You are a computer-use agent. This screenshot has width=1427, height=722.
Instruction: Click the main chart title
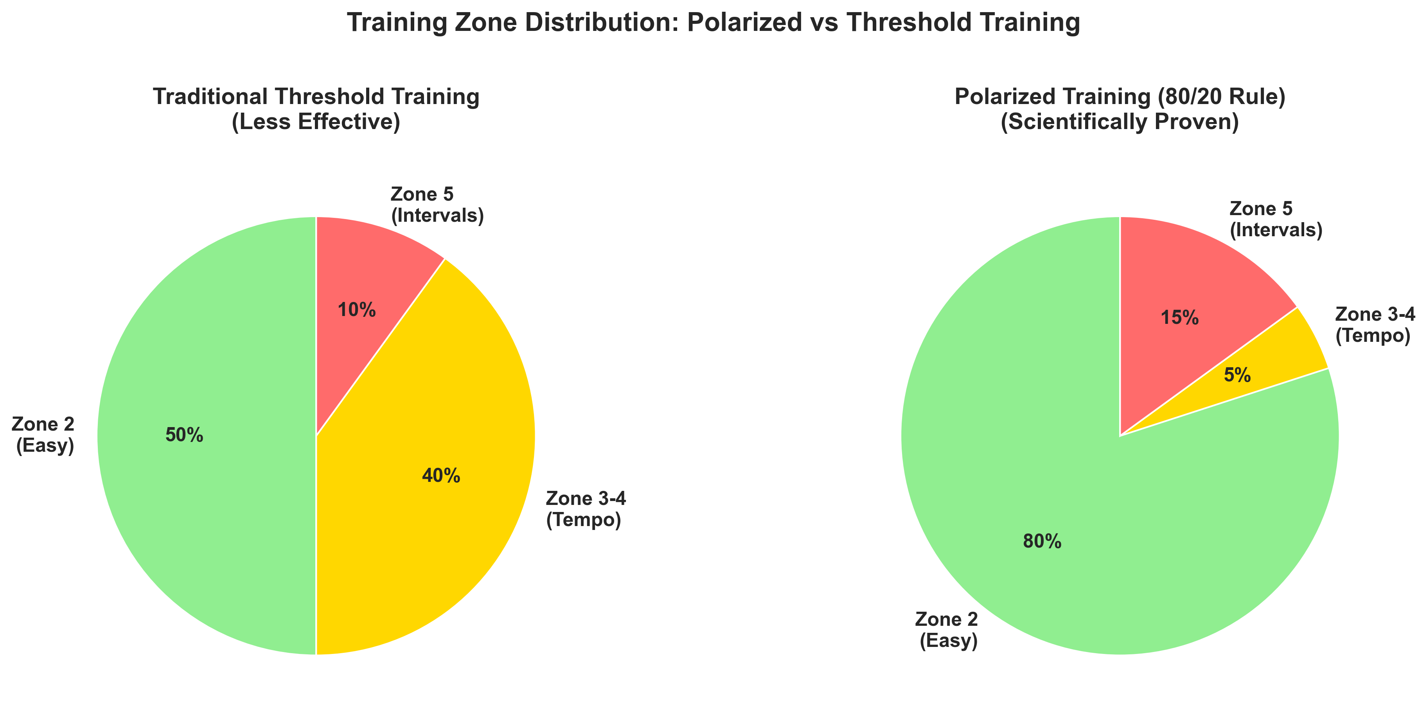click(x=713, y=23)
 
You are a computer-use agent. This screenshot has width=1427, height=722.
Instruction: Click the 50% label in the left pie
click(x=185, y=436)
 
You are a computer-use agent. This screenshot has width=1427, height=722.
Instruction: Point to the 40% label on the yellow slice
click(x=441, y=476)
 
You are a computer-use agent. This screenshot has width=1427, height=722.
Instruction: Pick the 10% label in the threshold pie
click(x=357, y=311)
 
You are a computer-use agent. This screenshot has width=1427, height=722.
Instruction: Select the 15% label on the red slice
click(x=1179, y=318)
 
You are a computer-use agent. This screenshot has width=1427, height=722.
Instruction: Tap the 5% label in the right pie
click(x=1237, y=376)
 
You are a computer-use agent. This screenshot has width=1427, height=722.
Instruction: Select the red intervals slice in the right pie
click(x=1191, y=277)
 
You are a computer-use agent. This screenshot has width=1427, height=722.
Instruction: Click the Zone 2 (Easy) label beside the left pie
click(x=43, y=435)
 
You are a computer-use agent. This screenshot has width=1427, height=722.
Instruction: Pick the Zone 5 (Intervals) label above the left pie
click(x=437, y=205)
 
